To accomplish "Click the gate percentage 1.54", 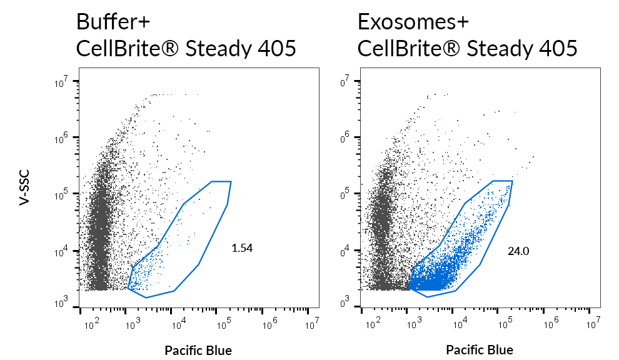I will pyautogui.click(x=242, y=248).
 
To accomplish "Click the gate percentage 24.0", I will pyautogui.click(x=518, y=251).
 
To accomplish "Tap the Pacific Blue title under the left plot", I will pyautogui.click(x=198, y=350).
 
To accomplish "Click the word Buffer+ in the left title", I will pyautogui.click(x=113, y=22).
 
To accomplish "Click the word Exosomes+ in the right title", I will pyautogui.click(x=413, y=22).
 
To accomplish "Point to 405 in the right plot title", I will pyautogui.click(x=555, y=49).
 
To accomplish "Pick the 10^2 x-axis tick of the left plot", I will pyautogui.click(x=91, y=323).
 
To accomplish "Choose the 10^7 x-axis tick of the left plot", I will pyautogui.click(x=311, y=323).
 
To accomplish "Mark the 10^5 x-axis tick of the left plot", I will pyautogui.click(x=223, y=323).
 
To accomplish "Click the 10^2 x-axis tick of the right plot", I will pyautogui.click(x=372, y=323).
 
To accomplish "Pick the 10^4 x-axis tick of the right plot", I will pyautogui.click(x=460, y=323).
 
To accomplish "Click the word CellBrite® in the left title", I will pyautogui.click(x=123, y=49).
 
